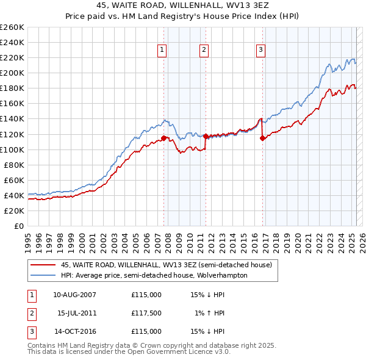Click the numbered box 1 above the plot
click(163, 51)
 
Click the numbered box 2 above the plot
click(204, 51)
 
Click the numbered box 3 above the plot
click(260, 51)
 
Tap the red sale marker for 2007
click(163, 138)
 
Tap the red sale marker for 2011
click(206, 136)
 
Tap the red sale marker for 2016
click(262, 138)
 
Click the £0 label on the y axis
click(19, 226)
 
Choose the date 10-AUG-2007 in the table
click(75, 295)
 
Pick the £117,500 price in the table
click(146, 313)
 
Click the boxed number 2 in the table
click(32, 313)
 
